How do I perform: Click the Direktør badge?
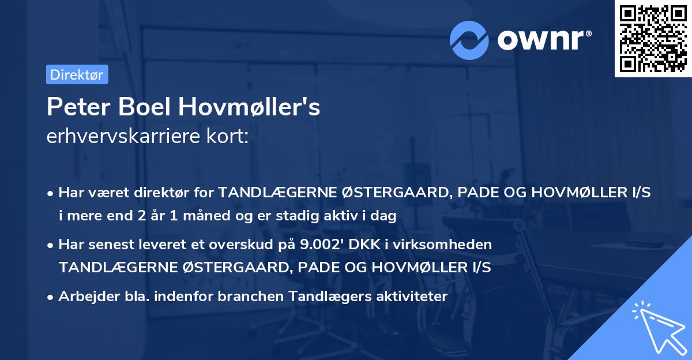pyautogui.click(x=76, y=74)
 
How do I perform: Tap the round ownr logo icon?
pyautogui.click(x=469, y=40)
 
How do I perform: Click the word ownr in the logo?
pyautogui.click(x=542, y=39)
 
